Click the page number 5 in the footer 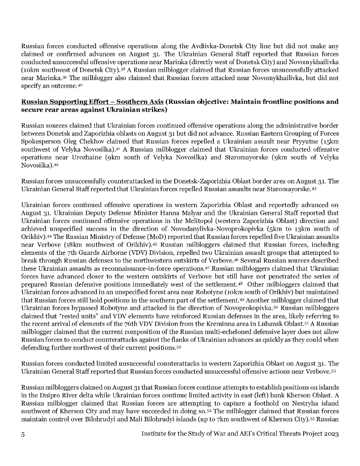[23, 435]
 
